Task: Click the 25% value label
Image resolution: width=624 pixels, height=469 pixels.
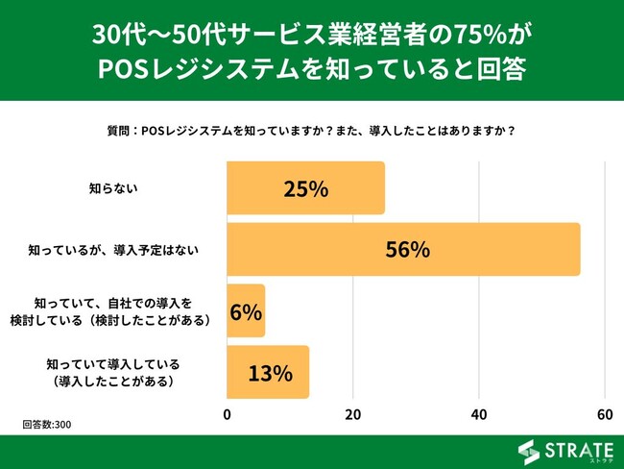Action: tap(306, 188)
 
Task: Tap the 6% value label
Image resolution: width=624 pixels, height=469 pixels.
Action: tap(245, 311)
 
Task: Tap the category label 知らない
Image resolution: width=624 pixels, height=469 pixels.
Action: tap(113, 188)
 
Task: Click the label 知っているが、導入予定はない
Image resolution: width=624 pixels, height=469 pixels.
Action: tap(120, 250)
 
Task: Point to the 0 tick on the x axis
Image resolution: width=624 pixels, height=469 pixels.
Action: tap(228, 414)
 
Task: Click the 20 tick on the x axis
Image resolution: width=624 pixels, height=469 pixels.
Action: tap(353, 414)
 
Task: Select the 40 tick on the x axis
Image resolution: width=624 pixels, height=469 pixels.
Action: tap(479, 414)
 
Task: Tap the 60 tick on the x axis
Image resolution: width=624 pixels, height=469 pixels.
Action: tap(605, 414)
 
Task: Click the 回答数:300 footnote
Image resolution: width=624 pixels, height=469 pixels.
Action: tap(47, 424)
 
